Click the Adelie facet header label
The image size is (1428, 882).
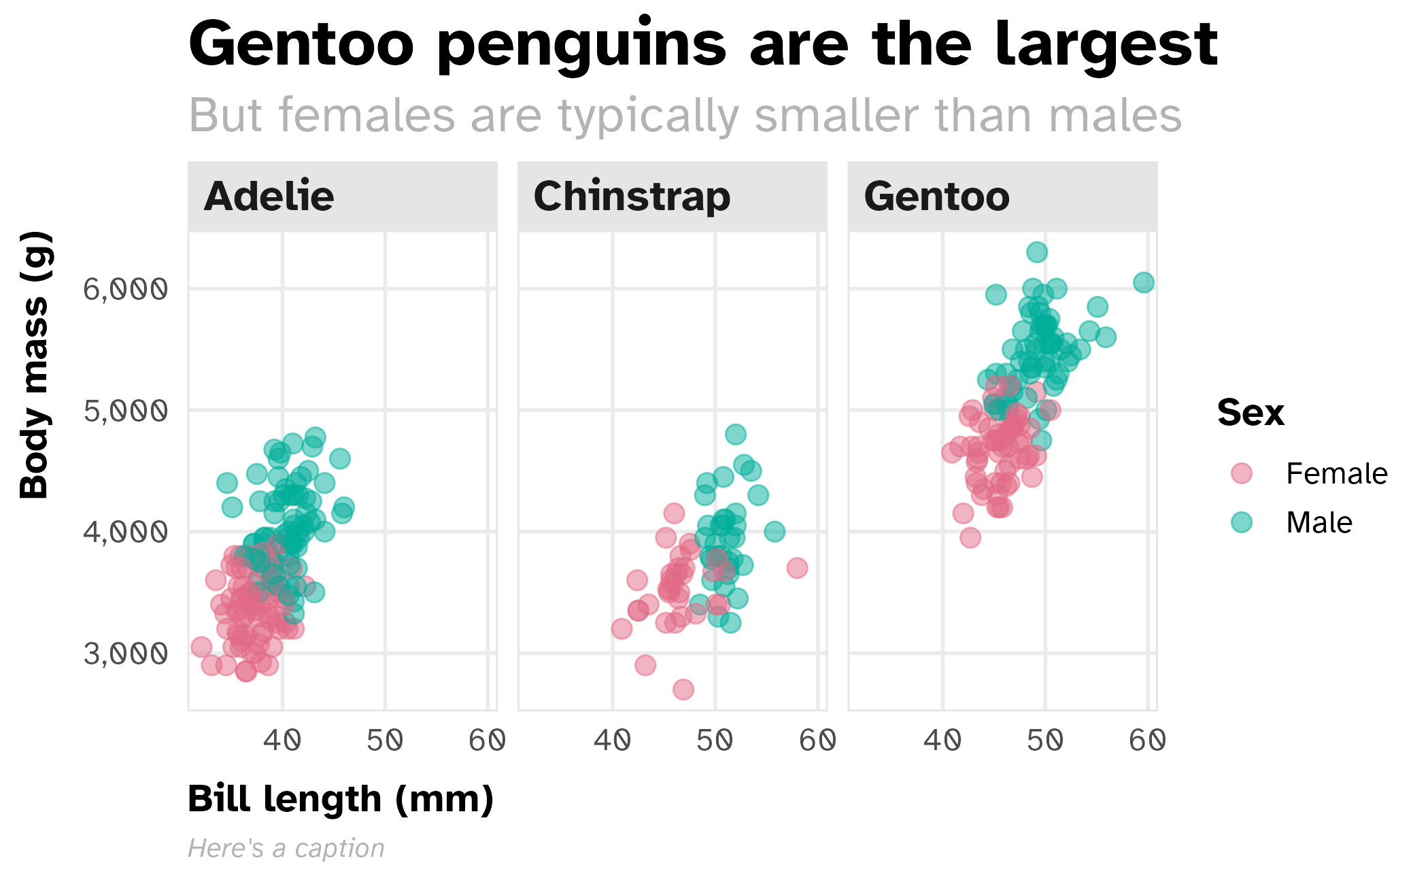(x=269, y=197)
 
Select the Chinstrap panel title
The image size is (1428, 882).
(x=632, y=197)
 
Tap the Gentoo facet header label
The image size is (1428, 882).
(x=936, y=197)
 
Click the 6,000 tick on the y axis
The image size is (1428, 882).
(x=125, y=289)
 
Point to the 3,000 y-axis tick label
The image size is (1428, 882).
(x=125, y=654)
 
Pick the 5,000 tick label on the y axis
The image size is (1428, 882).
(x=125, y=411)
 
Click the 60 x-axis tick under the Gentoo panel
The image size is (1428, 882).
(x=1147, y=740)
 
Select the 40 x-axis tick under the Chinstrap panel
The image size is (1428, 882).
(x=613, y=740)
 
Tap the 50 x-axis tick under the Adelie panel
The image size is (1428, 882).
(x=385, y=740)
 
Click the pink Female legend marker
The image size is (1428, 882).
(x=1242, y=473)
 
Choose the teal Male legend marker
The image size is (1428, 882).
(x=1242, y=522)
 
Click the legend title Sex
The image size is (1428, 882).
(x=1251, y=413)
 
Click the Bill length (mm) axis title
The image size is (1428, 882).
(x=341, y=799)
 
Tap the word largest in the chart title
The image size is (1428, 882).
(x=1106, y=45)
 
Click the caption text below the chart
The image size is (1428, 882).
(x=286, y=848)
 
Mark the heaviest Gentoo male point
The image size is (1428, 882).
(x=1037, y=252)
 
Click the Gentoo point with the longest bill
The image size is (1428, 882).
(x=1144, y=282)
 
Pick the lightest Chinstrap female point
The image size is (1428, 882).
(x=683, y=690)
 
